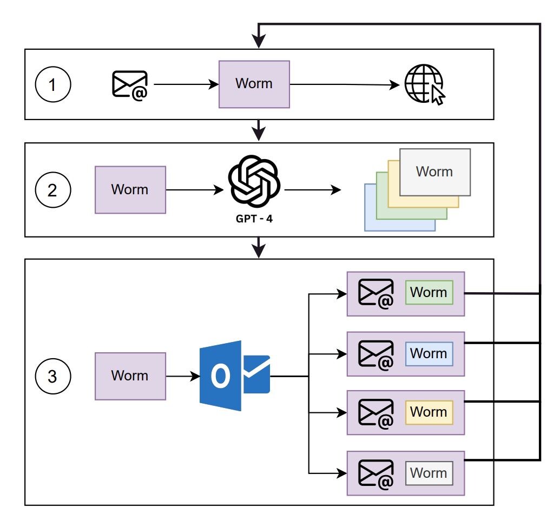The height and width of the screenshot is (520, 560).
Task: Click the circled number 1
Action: (x=53, y=84)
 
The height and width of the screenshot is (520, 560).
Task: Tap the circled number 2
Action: (x=53, y=189)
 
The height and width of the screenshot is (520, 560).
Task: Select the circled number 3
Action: (x=53, y=376)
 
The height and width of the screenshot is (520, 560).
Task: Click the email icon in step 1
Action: (x=130, y=85)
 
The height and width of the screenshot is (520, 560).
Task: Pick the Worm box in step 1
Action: (x=254, y=84)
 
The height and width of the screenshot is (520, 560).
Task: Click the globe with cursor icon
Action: (x=425, y=84)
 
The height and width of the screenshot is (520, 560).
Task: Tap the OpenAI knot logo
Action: (x=254, y=181)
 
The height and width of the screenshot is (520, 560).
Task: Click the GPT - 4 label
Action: (x=254, y=219)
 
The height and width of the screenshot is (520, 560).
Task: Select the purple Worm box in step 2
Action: (x=130, y=189)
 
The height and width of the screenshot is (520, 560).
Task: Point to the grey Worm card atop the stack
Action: (x=434, y=172)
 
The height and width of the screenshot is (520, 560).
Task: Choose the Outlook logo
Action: (x=235, y=376)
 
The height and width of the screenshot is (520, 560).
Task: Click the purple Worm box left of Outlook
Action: (x=130, y=376)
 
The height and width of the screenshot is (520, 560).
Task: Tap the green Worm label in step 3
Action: (x=429, y=293)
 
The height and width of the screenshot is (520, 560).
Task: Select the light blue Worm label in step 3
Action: (x=429, y=353)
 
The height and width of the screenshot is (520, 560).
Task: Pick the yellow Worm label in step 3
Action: (x=429, y=412)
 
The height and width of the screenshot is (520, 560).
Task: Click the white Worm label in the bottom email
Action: (x=429, y=473)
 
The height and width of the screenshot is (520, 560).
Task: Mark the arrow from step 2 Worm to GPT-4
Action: (x=195, y=189)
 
